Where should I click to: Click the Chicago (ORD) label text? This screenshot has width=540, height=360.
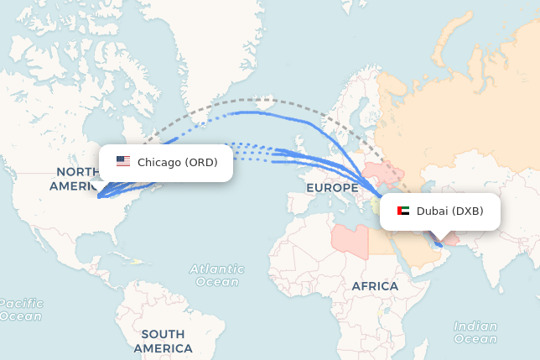[x=183, y=162]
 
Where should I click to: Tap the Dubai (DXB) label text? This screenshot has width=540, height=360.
[x=449, y=211]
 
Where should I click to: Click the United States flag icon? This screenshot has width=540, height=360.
[x=123, y=162]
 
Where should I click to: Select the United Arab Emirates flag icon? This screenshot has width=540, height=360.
[x=403, y=211]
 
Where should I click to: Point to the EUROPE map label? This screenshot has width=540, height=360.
[x=332, y=188]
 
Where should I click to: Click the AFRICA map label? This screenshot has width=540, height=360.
[x=375, y=286]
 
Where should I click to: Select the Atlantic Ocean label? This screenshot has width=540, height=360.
[x=217, y=275]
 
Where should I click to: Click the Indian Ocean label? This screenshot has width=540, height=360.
[x=475, y=332]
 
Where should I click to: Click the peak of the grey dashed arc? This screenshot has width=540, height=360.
[x=252, y=99]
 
